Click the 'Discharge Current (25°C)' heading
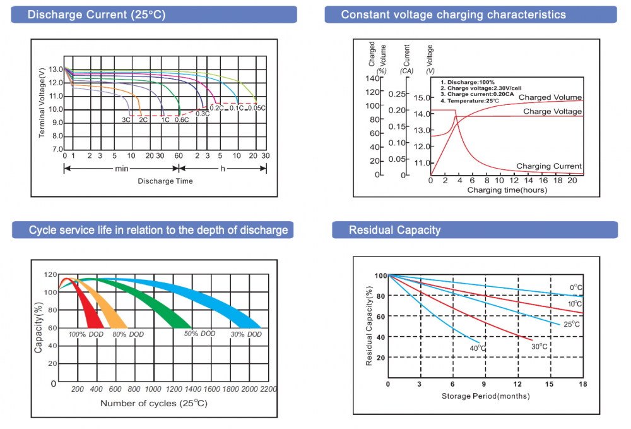point(96,15)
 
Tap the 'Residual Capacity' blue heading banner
point(394,230)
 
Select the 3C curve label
point(126,119)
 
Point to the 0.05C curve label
point(256,108)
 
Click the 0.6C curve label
point(182,119)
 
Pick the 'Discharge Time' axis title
point(165,181)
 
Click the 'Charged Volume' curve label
point(550,98)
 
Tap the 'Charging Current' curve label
point(549,166)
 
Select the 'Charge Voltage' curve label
point(553,112)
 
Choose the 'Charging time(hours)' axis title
point(507,190)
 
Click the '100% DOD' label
point(85,334)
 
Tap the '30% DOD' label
point(246,334)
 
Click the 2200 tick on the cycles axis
point(268,389)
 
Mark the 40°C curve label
point(477,348)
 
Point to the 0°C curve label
point(575,288)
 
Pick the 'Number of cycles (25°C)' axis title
point(153,402)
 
